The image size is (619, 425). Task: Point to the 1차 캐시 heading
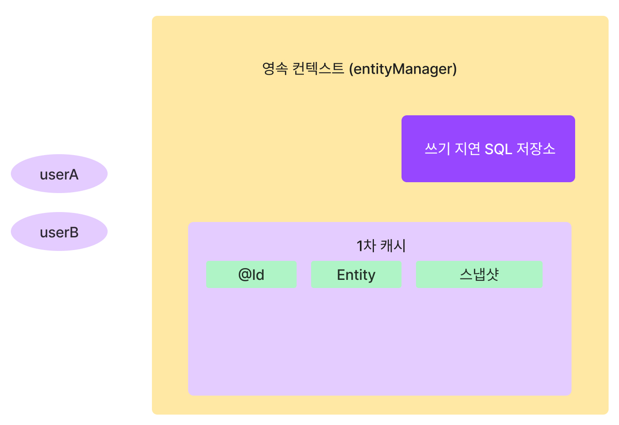(x=381, y=246)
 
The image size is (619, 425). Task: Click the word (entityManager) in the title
(x=403, y=69)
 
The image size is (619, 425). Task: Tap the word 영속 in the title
(x=274, y=69)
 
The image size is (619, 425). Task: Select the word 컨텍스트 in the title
(x=318, y=69)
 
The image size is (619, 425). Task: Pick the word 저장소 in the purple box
(x=536, y=149)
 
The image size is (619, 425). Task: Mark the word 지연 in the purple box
(x=467, y=149)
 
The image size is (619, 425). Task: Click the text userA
(x=59, y=175)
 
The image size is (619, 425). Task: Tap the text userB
(x=59, y=232)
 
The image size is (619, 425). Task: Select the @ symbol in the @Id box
(x=245, y=275)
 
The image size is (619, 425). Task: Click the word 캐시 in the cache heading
(x=393, y=246)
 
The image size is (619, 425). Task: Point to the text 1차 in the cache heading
(x=366, y=246)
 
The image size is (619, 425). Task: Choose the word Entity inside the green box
(x=356, y=275)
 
